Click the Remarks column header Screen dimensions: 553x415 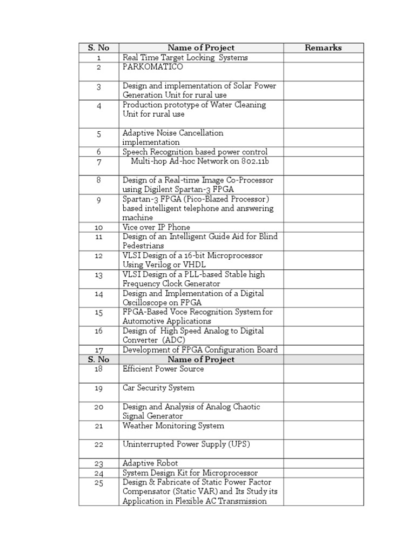pyautogui.click(x=323, y=48)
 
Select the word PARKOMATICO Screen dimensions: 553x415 pyautogui.click(x=153, y=67)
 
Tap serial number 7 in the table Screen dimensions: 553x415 pyautogui.click(x=99, y=162)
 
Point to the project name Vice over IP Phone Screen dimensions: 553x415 pyautogui.click(x=157, y=227)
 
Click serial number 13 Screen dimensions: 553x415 pyautogui.click(x=99, y=275)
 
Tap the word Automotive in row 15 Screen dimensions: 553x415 pyautogui.click(x=143, y=321)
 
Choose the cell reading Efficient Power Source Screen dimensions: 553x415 pyautogui.click(x=163, y=369)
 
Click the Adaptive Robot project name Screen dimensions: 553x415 pyautogui.click(x=150, y=463)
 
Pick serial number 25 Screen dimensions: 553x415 pyautogui.click(x=99, y=483)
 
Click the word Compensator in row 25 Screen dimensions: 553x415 pyautogui.click(x=147, y=491)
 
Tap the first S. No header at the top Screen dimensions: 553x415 pyautogui.click(x=99, y=48)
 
